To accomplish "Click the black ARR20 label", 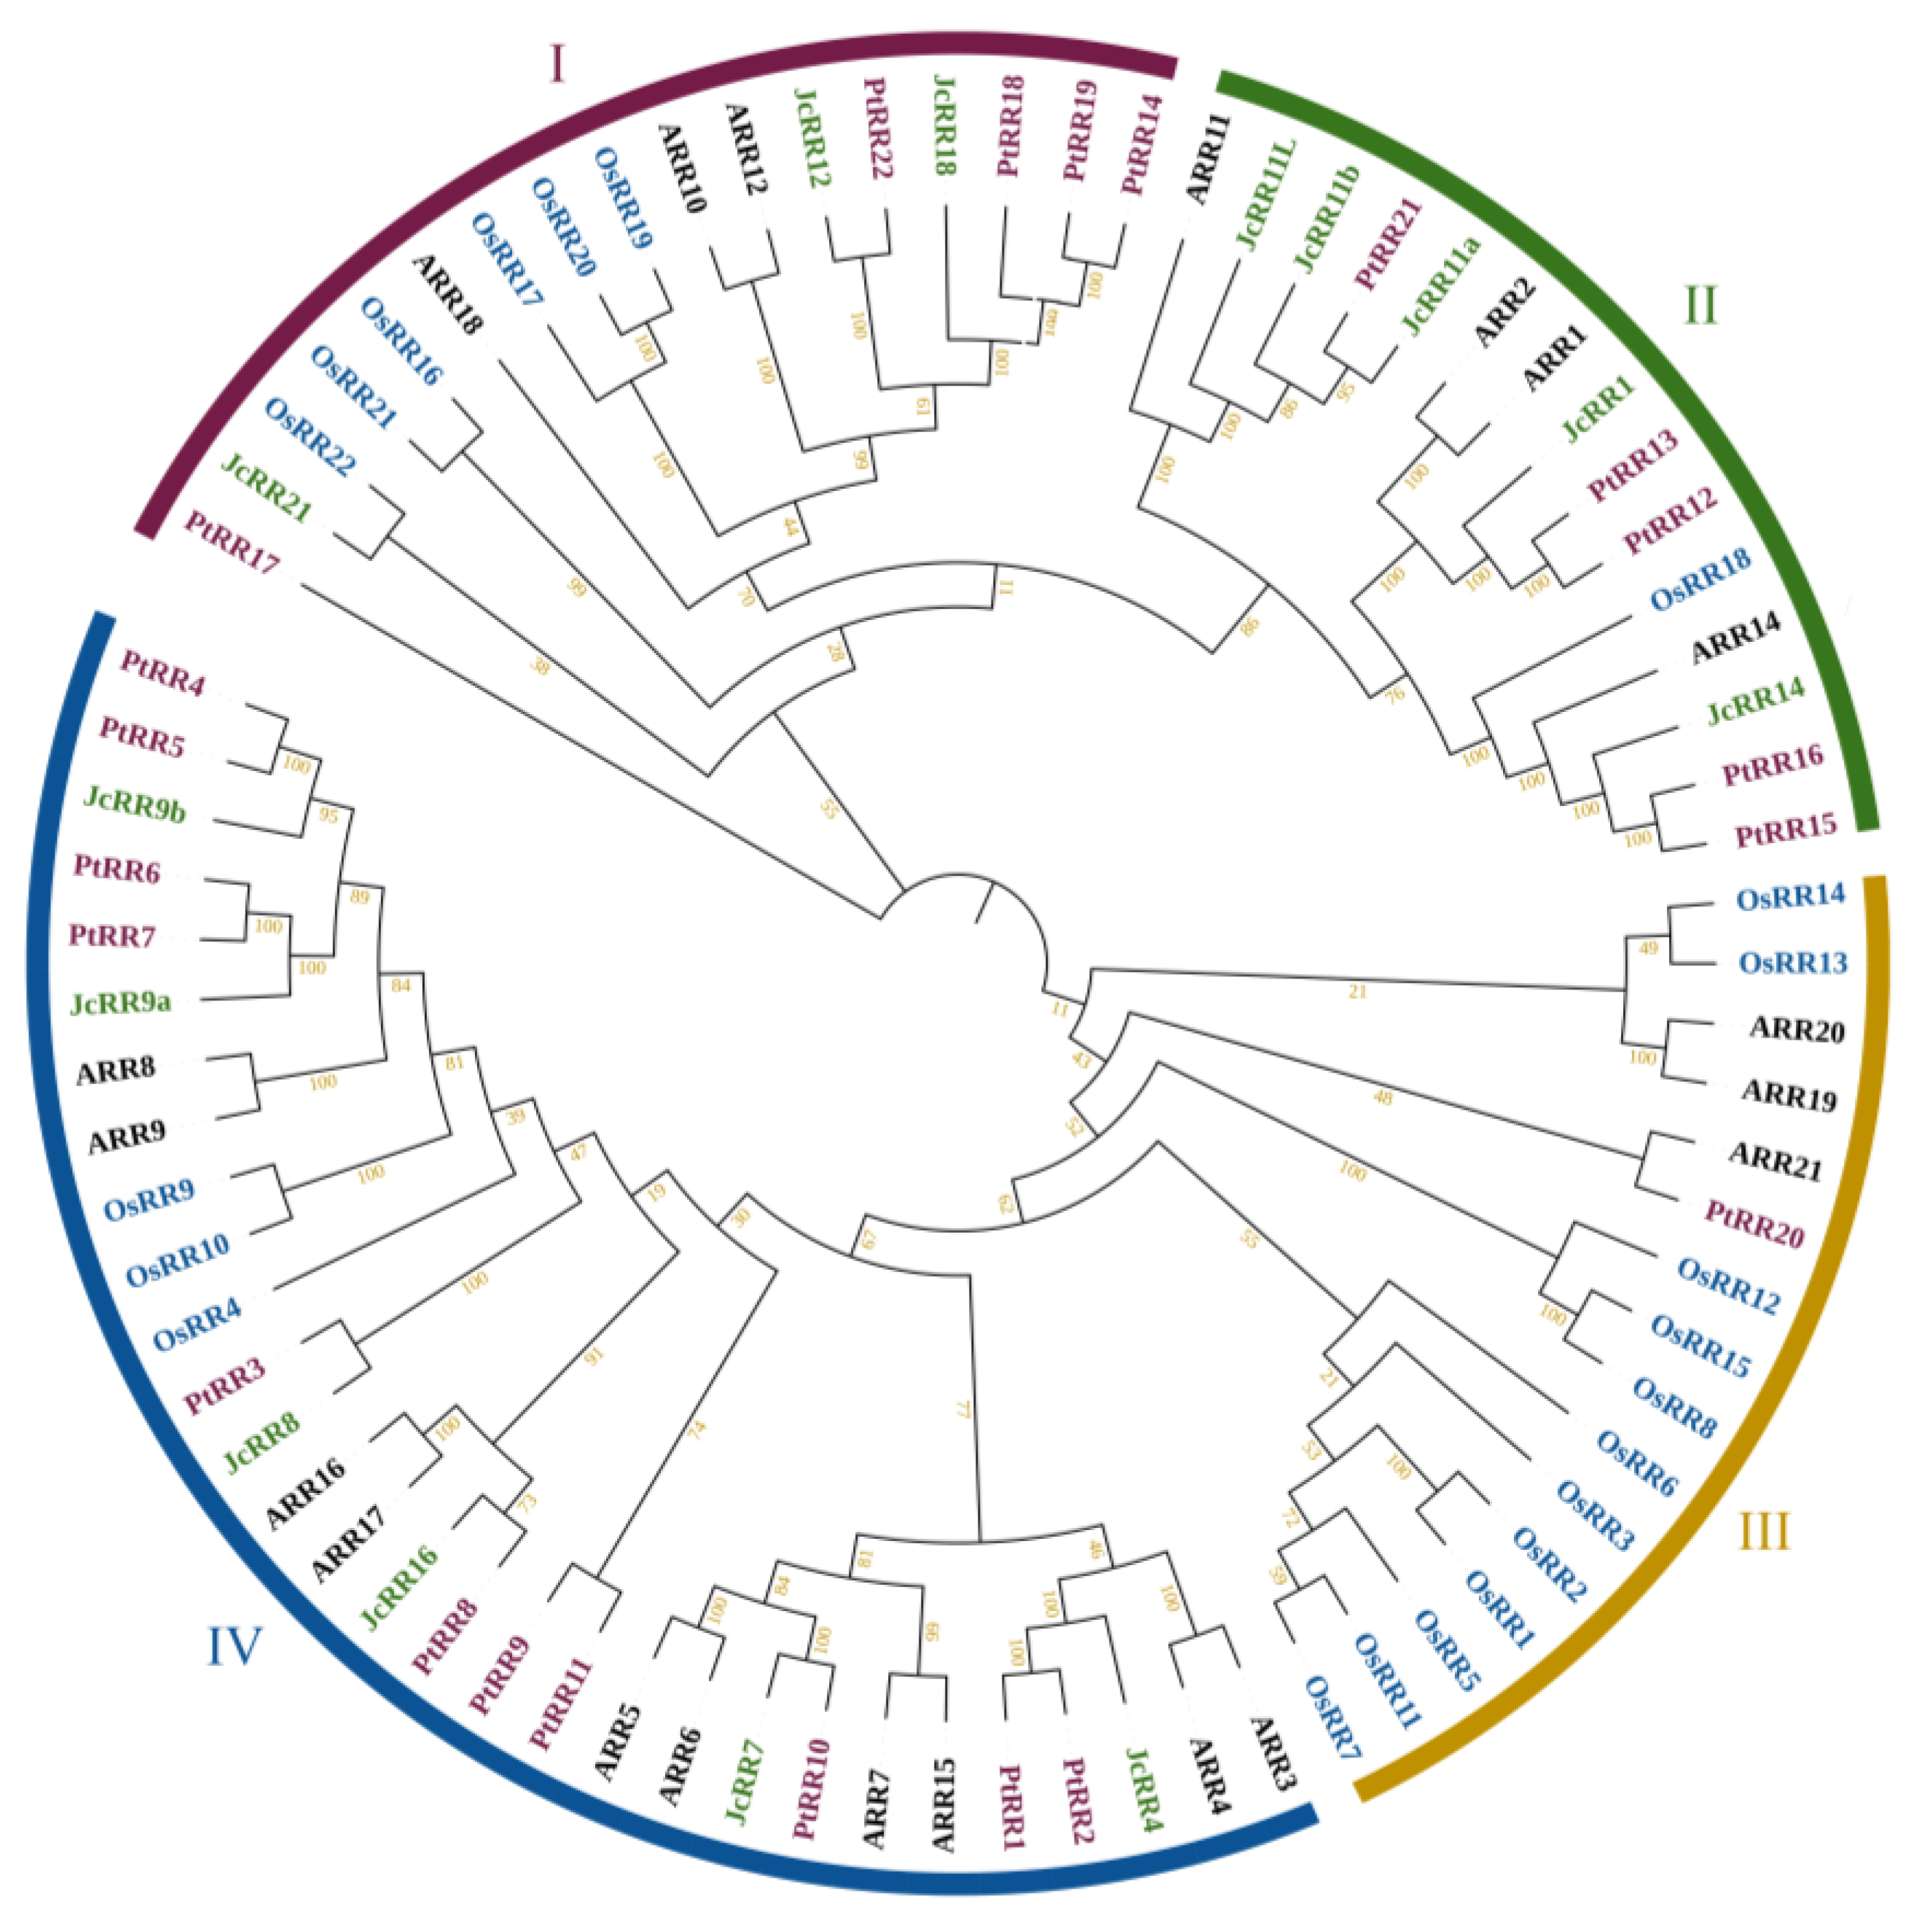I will point(1797,1029).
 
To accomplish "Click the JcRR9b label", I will point(135,804).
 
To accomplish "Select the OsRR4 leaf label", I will point(197,1325).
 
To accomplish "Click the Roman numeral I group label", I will point(557,66).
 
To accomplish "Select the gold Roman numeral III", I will point(1764,1532).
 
